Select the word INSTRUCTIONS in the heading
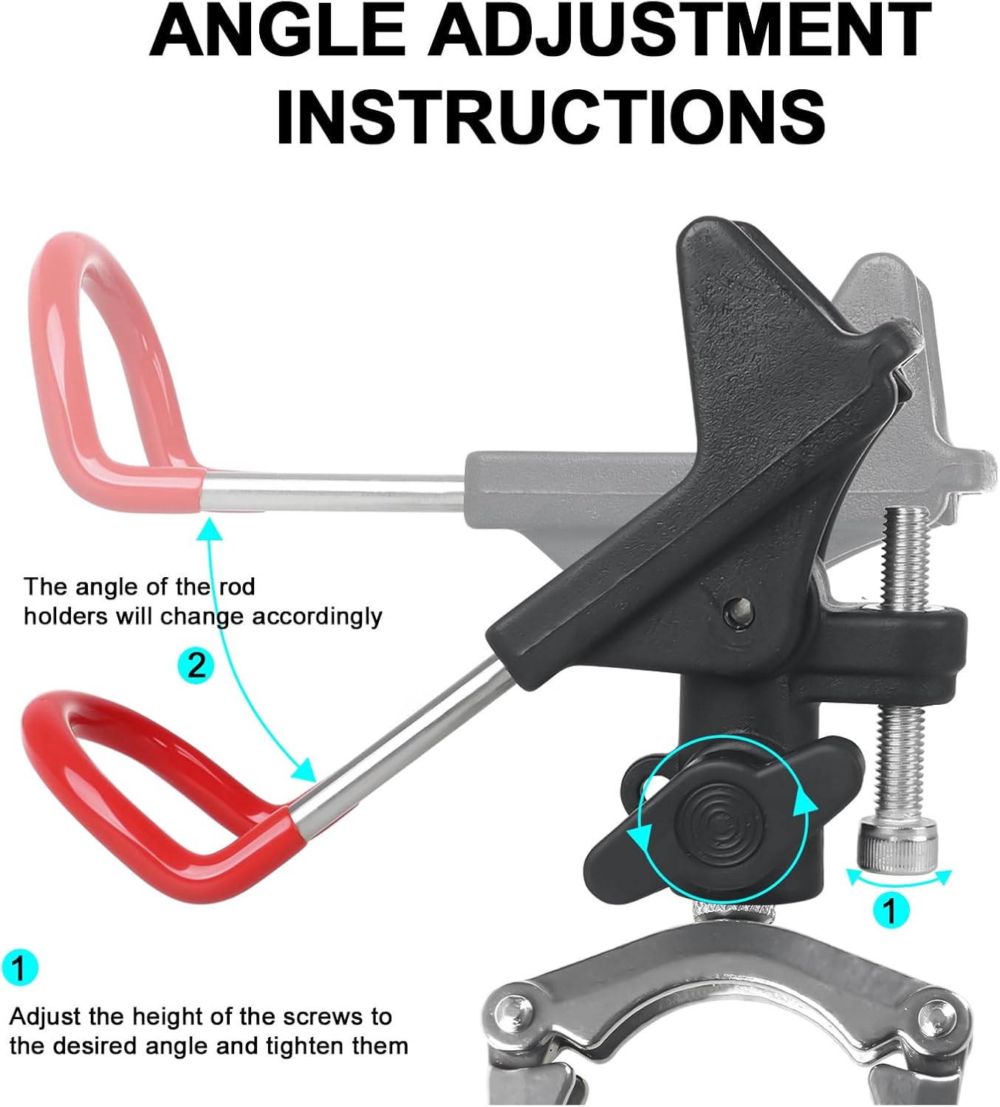click(551, 117)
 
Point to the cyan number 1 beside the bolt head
click(890, 911)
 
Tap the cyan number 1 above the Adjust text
click(19, 967)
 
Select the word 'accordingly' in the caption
click(317, 616)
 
